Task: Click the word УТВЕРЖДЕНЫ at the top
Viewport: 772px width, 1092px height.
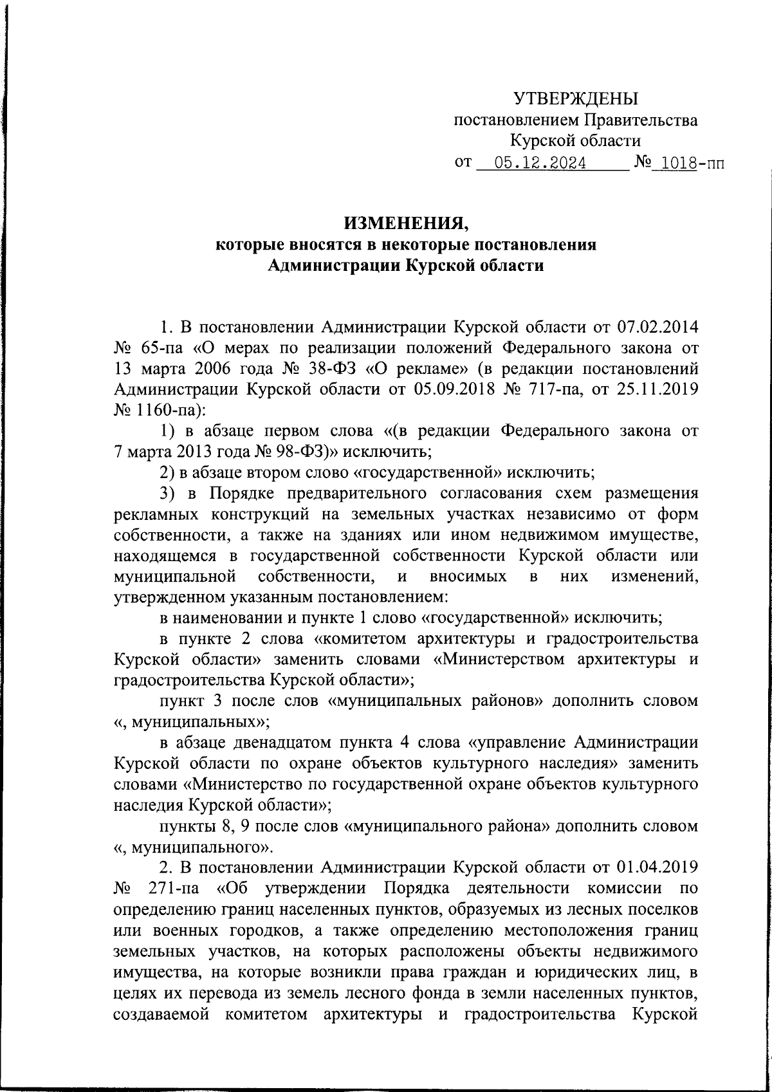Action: [x=576, y=99]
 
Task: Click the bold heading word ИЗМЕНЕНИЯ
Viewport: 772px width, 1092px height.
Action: [x=407, y=223]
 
